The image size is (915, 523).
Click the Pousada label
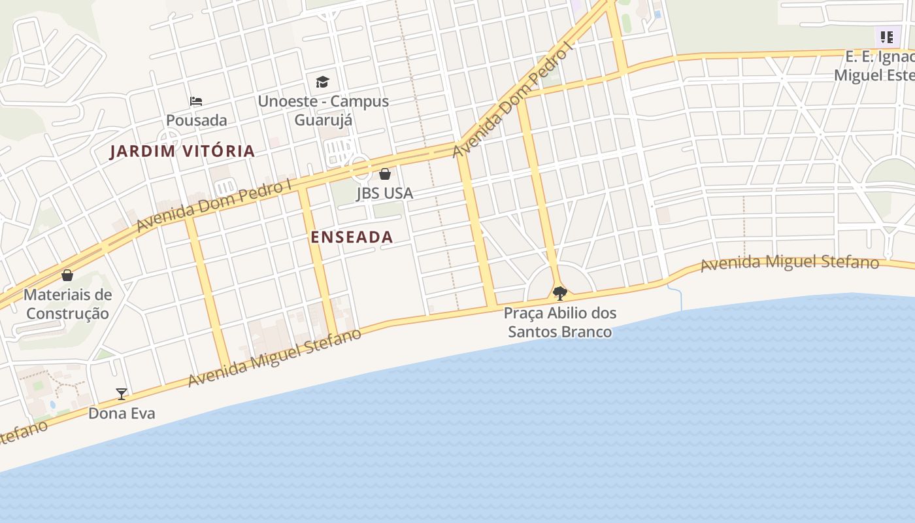(196, 120)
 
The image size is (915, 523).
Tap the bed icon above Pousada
(196, 101)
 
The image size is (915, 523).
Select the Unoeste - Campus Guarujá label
(323, 110)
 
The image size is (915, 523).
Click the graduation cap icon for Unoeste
(322, 82)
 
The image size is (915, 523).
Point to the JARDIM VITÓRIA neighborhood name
(182, 152)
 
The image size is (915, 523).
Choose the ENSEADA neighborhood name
(352, 237)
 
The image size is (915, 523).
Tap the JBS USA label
(384, 194)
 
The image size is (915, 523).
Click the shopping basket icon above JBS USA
(385, 174)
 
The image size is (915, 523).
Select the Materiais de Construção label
(67, 304)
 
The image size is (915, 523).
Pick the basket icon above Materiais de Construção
(67, 275)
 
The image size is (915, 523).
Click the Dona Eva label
(122, 413)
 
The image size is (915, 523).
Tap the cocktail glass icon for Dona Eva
(122, 394)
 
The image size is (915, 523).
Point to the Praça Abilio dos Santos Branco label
(560, 322)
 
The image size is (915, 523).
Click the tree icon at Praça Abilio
(559, 293)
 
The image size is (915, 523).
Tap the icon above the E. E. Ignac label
(886, 37)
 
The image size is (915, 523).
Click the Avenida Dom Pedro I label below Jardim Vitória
(214, 205)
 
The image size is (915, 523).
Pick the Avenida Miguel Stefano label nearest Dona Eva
(274, 358)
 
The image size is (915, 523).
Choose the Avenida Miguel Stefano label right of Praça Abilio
(790, 263)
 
